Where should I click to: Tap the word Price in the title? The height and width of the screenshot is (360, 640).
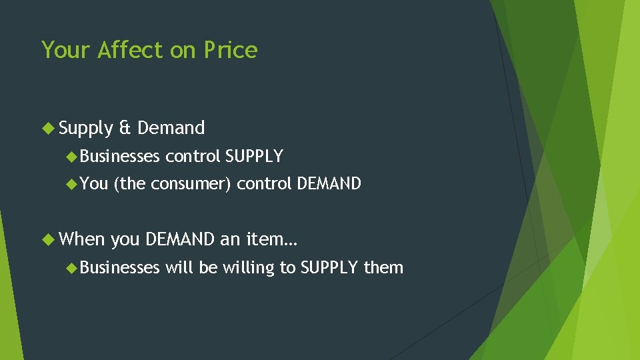tap(231, 50)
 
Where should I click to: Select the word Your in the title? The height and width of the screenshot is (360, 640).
tap(66, 50)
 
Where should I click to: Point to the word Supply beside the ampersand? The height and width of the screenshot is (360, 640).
tap(86, 128)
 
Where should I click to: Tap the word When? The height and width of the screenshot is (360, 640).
tap(82, 238)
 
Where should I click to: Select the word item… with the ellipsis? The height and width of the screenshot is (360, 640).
tap(271, 238)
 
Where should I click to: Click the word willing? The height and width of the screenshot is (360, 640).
tap(248, 268)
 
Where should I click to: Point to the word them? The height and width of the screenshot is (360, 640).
tap(383, 267)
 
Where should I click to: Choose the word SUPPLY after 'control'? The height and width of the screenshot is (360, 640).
tap(254, 157)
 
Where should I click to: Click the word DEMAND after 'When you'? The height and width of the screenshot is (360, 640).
tap(180, 238)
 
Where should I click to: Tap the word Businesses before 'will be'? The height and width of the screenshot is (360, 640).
tap(120, 267)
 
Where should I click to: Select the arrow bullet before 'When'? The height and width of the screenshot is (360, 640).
tap(49, 238)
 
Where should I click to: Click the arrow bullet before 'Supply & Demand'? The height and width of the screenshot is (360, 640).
tap(49, 127)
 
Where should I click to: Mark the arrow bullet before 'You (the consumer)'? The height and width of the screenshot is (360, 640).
tap(72, 183)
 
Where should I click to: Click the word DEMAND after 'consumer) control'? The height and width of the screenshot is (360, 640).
tap(329, 183)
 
